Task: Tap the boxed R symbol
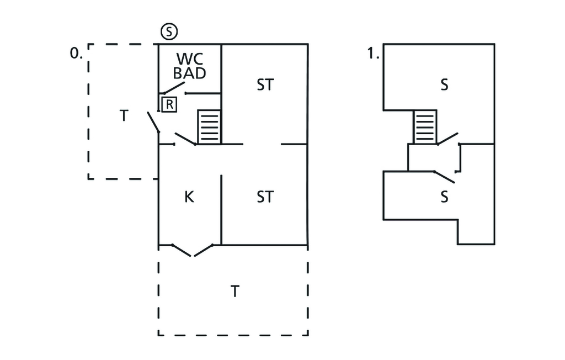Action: (169, 103)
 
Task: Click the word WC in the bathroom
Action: (190, 59)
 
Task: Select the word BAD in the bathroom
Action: (189, 73)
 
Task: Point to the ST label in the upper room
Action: (265, 85)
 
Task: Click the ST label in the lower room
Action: (265, 197)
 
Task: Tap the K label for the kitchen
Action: (189, 197)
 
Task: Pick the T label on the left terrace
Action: (124, 116)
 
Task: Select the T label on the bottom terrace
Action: (235, 291)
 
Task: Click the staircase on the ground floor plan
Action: (209, 127)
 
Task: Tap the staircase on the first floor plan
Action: (425, 127)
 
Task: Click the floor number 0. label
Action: (76, 53)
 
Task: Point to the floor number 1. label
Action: (372, 53)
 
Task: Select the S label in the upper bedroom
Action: (444, 85)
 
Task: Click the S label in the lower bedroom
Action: (444, 197)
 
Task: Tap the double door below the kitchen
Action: (192, 250)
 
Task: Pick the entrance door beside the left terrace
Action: (153, 123)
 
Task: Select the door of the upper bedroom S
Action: (447, 138)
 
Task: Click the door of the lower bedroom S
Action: (444, 177)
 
